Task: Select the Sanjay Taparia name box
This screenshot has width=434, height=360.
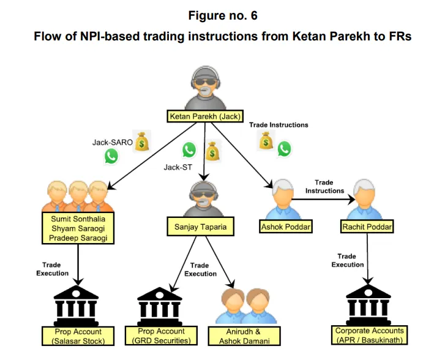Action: pos(196,227)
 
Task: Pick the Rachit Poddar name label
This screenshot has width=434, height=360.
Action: pos(366,227)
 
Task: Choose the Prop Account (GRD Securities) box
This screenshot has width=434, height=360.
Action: pos(162,336)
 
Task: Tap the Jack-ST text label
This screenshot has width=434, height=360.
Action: pos(178,166)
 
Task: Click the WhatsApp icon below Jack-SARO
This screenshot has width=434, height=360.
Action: pos(111,156)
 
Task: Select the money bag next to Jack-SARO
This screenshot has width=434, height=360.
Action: pos(142,141)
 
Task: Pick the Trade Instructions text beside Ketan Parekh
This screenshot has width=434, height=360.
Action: pos(279,125)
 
